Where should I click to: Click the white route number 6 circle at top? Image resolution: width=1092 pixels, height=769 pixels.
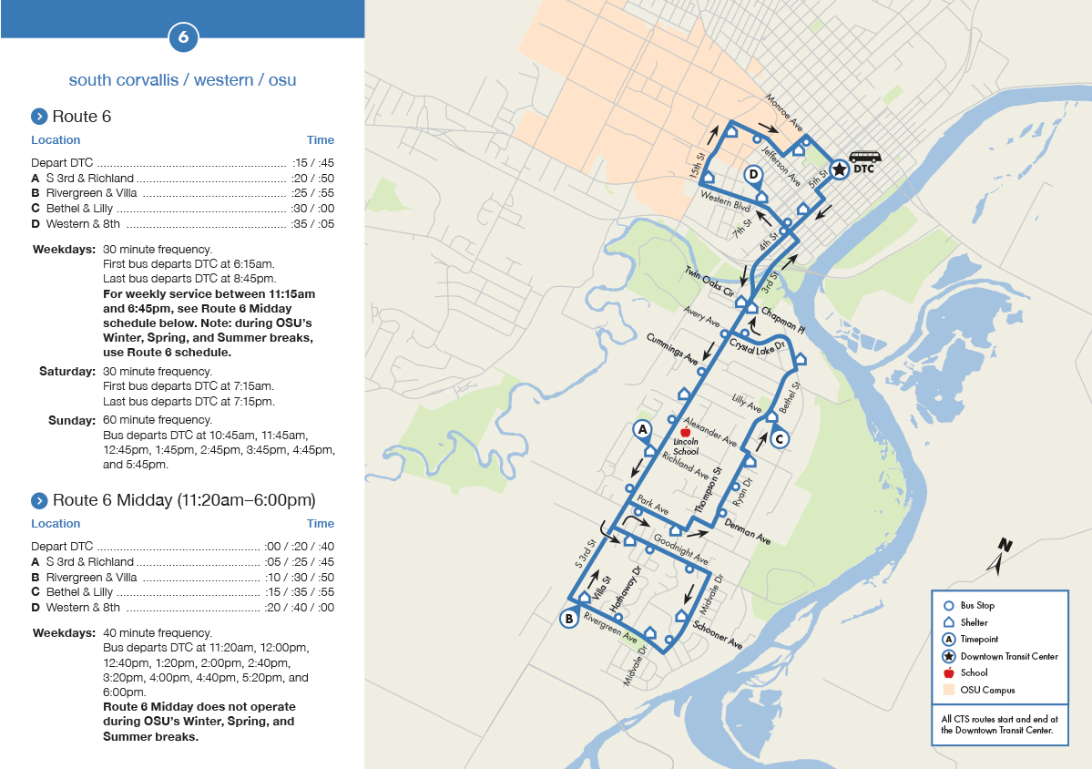pos(183,37)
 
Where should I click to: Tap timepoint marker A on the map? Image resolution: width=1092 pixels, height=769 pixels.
pos(642,428)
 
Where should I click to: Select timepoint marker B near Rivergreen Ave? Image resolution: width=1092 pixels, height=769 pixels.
pos(568,619)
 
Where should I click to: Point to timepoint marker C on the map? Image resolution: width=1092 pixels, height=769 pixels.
pos(779,439)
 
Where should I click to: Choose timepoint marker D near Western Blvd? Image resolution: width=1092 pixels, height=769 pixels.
pos(753,174)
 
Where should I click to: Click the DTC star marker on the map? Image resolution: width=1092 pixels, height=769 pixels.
pos(839,169)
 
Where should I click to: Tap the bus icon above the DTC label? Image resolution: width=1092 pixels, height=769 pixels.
pos(865,157)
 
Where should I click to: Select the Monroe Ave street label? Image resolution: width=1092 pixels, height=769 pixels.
pos(783,111)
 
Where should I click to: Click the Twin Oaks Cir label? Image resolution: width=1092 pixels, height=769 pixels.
pos(709,282)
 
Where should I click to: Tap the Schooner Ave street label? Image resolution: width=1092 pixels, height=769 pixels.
pos(717,633)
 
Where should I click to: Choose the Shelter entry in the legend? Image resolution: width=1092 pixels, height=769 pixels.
pos(974,622)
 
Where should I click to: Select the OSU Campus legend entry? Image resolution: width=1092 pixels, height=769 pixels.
pos(987,690)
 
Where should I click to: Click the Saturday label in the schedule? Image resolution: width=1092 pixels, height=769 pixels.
pos(67,372)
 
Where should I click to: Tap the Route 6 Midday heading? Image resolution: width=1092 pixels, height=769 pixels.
pos(184,500)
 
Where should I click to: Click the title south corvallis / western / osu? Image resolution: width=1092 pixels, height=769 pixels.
pos(182,80)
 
